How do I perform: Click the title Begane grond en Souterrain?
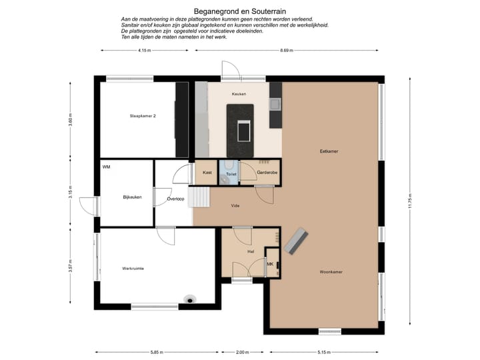click(x=239, y=11)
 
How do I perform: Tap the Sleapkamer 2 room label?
click(x=143, y=116)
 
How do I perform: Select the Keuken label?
click(x=239, y=94)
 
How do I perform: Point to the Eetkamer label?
click(x=329, y=151)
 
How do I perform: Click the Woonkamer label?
click(x=331, y=272)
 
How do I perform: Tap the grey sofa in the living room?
click(x=295, y=241)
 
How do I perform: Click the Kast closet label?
click(x=207, y=173)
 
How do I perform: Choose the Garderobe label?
click(x=267, y=173)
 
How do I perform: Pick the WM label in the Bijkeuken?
click(x=106, y=167)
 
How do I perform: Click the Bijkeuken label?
click(x=132, y=197)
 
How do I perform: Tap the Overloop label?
click(x=175, y=199)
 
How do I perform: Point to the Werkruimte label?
click(x=133, y=268)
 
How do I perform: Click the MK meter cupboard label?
click(x=270, y=264)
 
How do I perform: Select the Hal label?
click(x=251, y=251)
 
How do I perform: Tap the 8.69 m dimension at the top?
click(x=287, y=51)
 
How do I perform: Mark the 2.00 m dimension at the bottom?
click(x=241, y=352)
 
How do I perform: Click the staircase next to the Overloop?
click(x=199, y=197)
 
